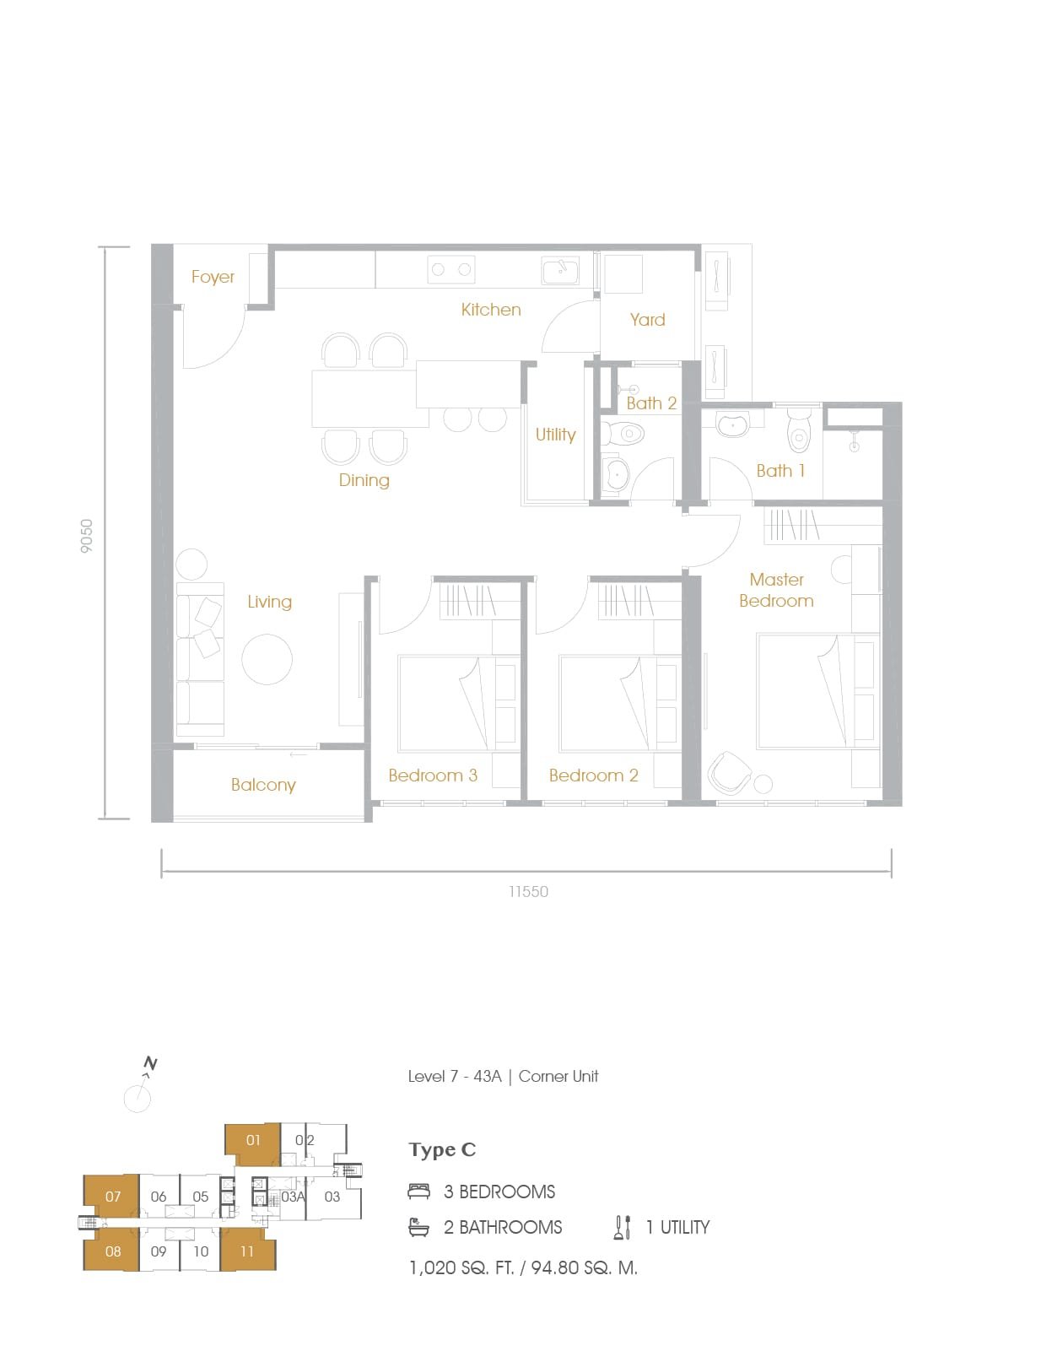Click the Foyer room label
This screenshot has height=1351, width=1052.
pyautogui.click(x=213, y=277)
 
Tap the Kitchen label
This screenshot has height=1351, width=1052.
pyautogui.click(x=491, y=310)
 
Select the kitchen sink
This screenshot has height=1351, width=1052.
pyautogui.click(x=560, y=270)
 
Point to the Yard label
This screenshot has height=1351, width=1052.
pyautogui.click(x=647, y=320)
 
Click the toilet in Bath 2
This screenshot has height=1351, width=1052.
pyautogui.click(x=622, y=433)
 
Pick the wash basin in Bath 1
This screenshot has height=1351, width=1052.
pyautogui.click(x=733, y=424)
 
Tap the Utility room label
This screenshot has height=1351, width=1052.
pyautogui.click(x=555, y=435)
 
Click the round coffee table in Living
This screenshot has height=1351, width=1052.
pyautogui.click(x=267, y=659)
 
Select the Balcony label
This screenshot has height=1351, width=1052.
pyautogui.click(x=263, y=786)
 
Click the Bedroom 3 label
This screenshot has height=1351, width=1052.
pyautogui.click(x=433, y=775)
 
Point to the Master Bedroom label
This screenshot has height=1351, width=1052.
pyautogui.click(x=777, y=590)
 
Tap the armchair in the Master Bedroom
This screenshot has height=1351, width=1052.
pyautogui.click(x=729, y=773)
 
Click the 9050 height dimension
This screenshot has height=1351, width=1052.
pyautogui.click(x=86, y=535)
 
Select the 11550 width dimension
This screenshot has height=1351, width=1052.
pyautogui.click(x=528, y=892)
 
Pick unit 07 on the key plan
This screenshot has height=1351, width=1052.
pyautogui.click(x=112, y=1197)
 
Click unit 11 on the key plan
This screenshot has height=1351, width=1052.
pyautogui.click(x=247, y=1251)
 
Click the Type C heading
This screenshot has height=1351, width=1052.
pyautogui.click(x=442, y=1150)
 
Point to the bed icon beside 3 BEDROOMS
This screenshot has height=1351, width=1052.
pyautogui.click(x=418, y=1192)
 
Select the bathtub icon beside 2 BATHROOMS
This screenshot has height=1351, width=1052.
pyautogui.click(x=418, y=1227)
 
